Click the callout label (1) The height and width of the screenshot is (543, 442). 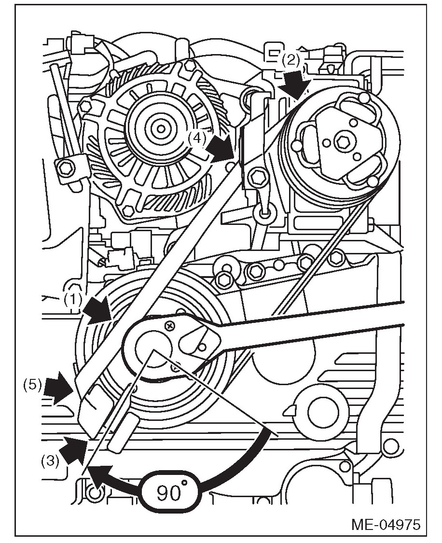[73, 300]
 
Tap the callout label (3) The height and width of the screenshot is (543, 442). [50, 460]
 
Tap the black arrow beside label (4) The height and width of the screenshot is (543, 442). [221, 150]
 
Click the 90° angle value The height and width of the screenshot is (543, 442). [170, 492]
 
